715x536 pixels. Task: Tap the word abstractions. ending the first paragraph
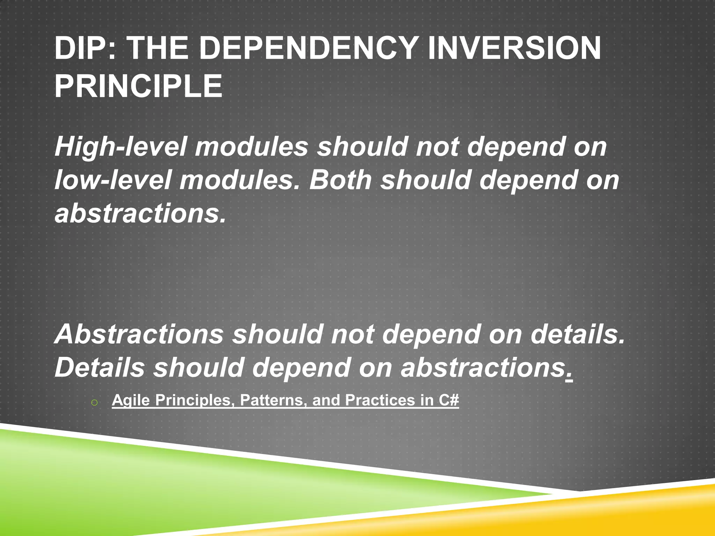141,214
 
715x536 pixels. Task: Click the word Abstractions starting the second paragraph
139,334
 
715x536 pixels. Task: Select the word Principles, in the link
195,400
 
